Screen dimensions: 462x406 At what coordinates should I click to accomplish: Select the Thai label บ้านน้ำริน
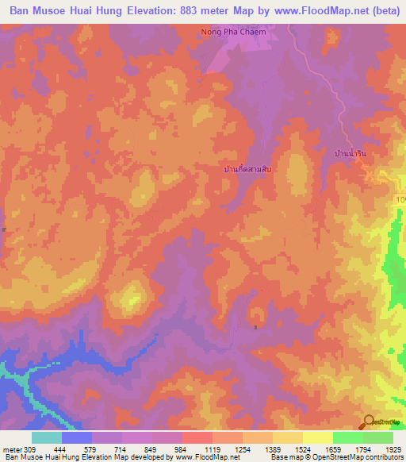pos(353,152)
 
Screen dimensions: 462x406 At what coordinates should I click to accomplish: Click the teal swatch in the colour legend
pos(47,437)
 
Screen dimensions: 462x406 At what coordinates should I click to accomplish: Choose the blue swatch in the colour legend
pos(77,437)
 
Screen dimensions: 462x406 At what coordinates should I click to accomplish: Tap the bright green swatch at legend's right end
pos(378,437)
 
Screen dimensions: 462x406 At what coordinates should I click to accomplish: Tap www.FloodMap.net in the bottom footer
pos(209,457)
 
